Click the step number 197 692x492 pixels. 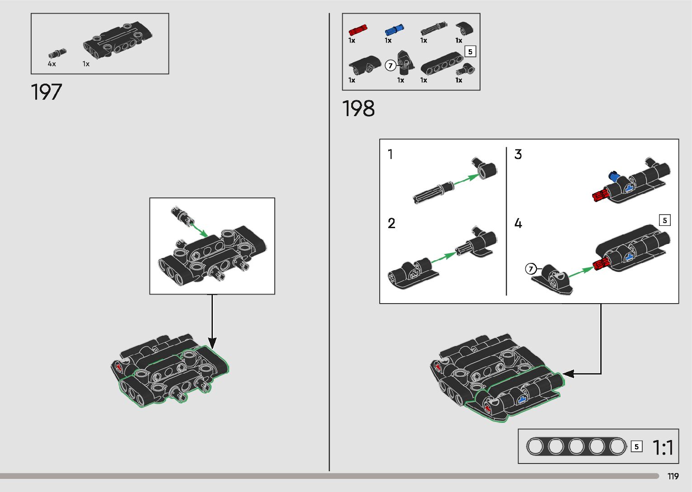click(x=47, y=92)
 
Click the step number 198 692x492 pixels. click(x=358, y=109)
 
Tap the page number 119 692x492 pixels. click(x=673, y=476)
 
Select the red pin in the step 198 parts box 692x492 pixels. click(x=358, y=30)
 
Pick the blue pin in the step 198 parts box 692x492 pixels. click(x=394, y=30)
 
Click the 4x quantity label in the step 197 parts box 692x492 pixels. click(x=52, y=64)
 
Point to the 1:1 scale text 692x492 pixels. click(x=663, y=448)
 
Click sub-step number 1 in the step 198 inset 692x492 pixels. click(x=391, y=155)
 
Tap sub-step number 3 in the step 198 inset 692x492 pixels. click(x=518, y=155)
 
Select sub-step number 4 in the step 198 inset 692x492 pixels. click(x=518, y=223)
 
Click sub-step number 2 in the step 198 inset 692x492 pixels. click(x=391, y=223)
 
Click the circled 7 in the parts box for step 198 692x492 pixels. click(x=390, y=66)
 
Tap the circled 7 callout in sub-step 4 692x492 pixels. click(x=531, y=269)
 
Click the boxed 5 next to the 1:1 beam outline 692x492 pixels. click(x=636, y=447)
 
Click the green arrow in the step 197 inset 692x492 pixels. click(x=199, y=229)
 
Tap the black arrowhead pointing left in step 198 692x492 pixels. click(x=568, y=374)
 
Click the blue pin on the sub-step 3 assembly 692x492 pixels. click(x=613, y=175)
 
